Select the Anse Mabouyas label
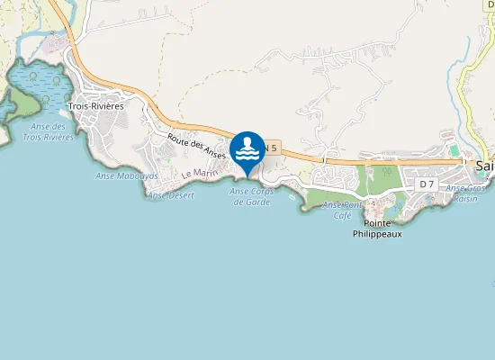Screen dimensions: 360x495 click(127, 175)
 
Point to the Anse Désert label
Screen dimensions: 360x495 click(170, 194)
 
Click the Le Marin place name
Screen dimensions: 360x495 click(200, 173)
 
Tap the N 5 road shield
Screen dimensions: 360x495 click(272, 147)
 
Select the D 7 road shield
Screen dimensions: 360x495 click(427, 184)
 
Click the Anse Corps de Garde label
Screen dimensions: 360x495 click(251, 196)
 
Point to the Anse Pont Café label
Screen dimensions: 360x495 click(342, 210)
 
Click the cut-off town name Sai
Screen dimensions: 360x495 click(485, 166)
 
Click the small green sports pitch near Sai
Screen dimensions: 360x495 click(454, 149)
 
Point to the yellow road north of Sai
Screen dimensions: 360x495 click(467, 90)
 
